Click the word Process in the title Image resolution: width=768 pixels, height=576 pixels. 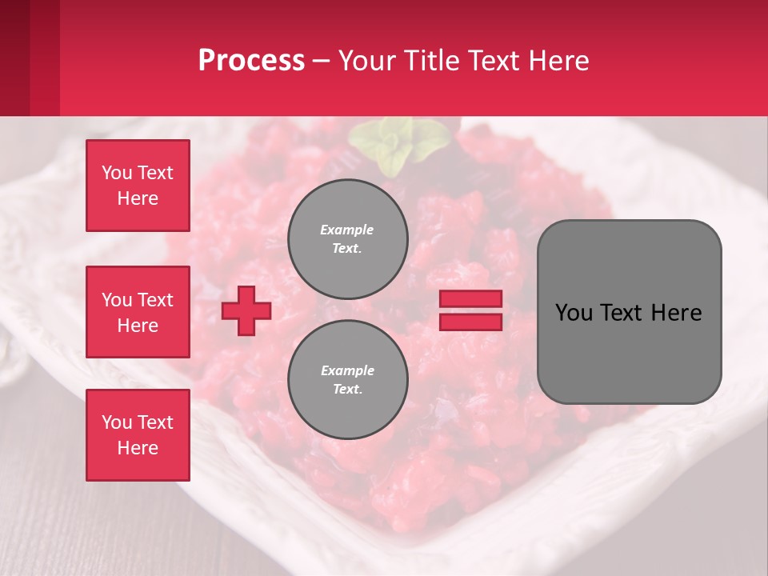251,61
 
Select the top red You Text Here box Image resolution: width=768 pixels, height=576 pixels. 138,186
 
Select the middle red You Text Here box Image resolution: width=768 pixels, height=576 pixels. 138,312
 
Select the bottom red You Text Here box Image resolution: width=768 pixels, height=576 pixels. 138,435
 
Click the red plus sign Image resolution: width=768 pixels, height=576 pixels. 246,310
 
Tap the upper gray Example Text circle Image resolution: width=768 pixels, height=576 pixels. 347,239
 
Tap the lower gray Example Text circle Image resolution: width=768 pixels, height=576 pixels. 347,380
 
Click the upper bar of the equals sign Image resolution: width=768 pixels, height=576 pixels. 471,299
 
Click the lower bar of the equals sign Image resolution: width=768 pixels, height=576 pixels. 471,322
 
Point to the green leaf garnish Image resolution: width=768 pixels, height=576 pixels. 398,144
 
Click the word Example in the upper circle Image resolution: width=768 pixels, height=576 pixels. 347,230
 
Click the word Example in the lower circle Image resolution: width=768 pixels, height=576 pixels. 347,370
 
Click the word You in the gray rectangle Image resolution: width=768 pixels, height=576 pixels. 574,313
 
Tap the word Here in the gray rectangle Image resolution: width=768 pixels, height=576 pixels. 677,313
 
